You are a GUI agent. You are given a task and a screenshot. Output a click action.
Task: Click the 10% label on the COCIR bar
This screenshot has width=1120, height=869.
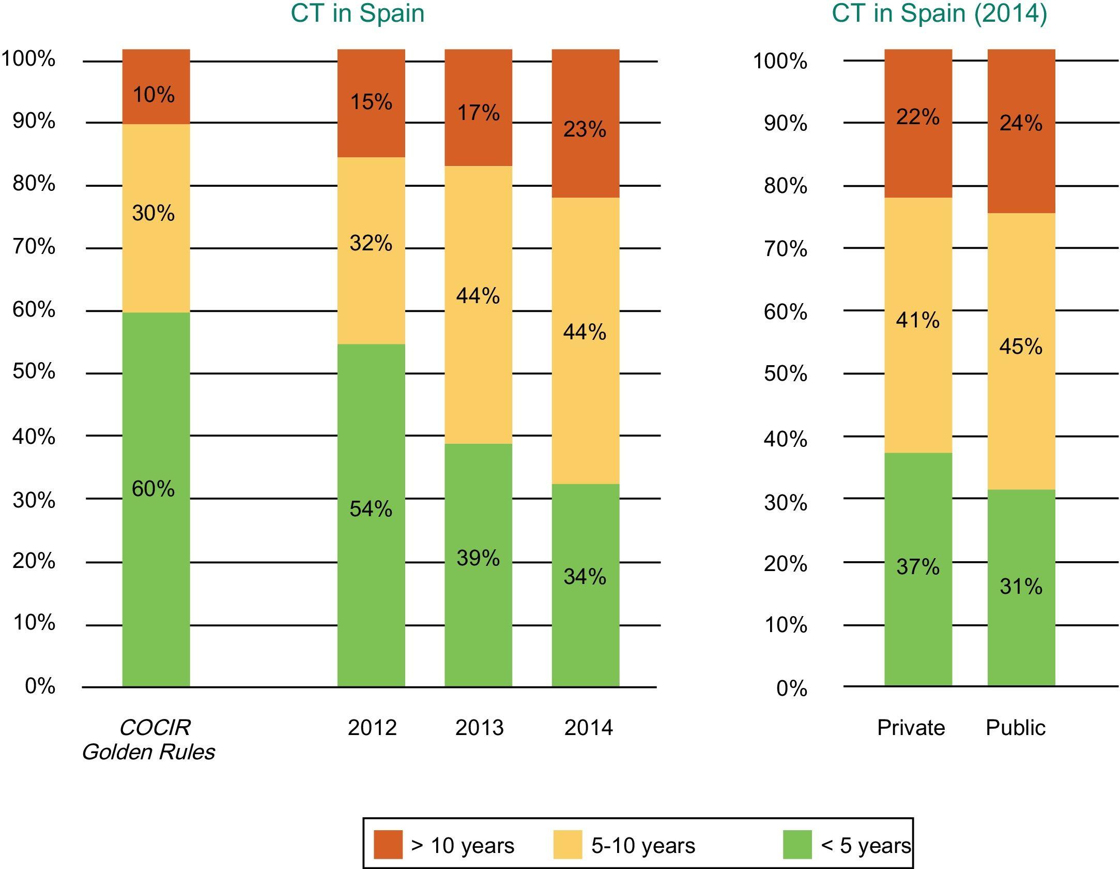(x=154, y=95)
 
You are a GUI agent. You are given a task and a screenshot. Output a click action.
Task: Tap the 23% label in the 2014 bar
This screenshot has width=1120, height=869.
(x=585, y=129)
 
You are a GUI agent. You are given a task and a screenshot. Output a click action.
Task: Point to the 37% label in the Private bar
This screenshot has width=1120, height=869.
(x=918, y=567)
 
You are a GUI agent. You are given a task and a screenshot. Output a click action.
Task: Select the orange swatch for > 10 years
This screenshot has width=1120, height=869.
(x=388, y=845)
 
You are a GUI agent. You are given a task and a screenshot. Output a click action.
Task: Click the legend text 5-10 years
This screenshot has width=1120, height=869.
(x=643, y=846)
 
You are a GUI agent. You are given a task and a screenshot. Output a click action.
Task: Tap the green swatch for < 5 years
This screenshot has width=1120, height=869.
(x=797, y=845)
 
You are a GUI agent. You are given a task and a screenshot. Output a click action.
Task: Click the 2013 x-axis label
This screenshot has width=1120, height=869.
(x=479, y=728)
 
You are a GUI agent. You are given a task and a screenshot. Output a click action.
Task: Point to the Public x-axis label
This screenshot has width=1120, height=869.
(x=1015, y=728)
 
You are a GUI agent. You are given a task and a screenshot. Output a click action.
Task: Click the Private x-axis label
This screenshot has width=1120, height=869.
(x=911, y=728)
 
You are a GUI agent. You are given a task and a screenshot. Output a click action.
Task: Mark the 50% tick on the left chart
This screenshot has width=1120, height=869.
(x=34, y=371)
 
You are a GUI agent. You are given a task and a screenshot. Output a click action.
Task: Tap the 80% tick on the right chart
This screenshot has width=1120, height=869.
(x=785, y=186)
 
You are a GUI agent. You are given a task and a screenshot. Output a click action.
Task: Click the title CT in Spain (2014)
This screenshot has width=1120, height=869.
(x=939, y=13)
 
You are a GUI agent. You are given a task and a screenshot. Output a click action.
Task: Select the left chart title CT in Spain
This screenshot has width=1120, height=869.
(x=358, y=13)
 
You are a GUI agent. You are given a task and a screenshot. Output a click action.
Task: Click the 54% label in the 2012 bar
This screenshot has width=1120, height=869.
(x=371, y=510)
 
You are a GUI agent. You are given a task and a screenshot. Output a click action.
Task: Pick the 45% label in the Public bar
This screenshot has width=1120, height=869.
(x=1021, y=347)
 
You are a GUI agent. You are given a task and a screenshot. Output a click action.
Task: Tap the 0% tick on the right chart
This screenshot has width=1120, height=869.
(x=791, y=688)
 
